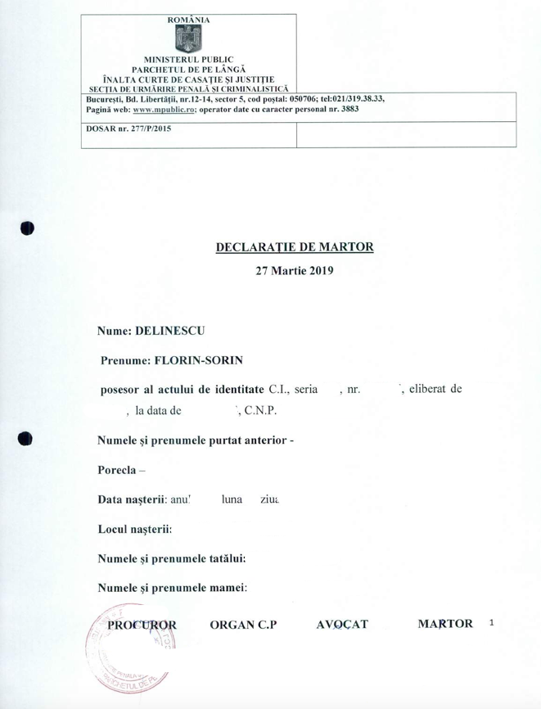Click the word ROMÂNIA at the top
pos(188,18)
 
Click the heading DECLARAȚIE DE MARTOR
pos(295,246)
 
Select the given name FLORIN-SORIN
pos(204,359)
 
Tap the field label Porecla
pos(118,470)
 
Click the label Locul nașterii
pos(135,528)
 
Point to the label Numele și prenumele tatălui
pos(172,558)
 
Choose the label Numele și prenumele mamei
pos(172,587)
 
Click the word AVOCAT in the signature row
pos(342,625)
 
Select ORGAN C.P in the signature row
pos(243,625)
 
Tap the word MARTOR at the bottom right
pos(445,625)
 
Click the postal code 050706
pos(298,98)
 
